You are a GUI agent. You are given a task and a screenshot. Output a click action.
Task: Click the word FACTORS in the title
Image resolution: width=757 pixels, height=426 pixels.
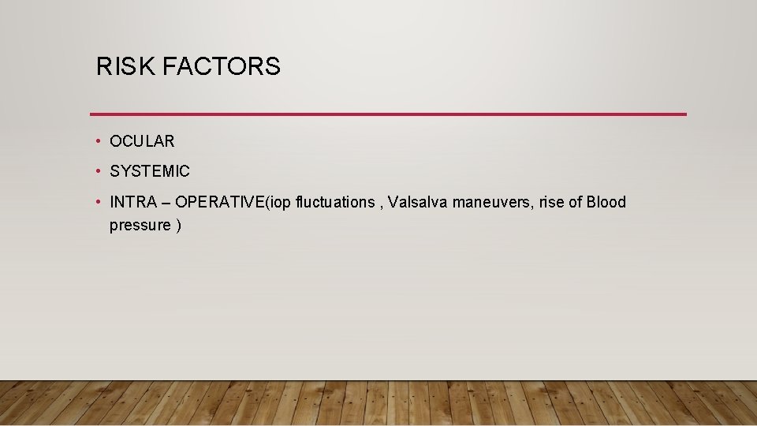click(221, 67)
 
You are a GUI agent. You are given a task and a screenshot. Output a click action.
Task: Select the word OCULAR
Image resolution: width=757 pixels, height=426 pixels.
click(142, 142)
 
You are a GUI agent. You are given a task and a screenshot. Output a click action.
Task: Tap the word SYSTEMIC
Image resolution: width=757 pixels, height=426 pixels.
click(150, 171)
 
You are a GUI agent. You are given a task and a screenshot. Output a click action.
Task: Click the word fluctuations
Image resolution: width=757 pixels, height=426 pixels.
click(335, 203)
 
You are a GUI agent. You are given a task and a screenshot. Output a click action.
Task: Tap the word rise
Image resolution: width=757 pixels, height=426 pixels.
click(552, 203)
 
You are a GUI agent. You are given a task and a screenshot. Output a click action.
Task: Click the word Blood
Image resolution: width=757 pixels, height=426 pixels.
click(606, 203)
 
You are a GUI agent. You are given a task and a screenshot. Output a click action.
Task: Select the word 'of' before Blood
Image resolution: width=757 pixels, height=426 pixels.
click(575, 203)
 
